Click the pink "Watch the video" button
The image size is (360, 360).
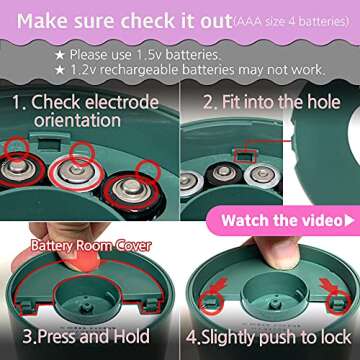283,221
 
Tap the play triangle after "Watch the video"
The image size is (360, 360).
349,221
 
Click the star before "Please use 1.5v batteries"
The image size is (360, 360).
60,55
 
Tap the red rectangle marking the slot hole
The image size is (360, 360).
245,156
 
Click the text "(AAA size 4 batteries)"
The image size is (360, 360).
291,22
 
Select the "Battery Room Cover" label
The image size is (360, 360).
91,246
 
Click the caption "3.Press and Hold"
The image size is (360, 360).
86,337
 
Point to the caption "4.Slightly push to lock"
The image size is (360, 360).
268,337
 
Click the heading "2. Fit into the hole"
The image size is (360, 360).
272,102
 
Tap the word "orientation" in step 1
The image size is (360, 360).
77,120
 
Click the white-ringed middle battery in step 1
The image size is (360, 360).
76,172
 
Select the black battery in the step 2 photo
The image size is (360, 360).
224,174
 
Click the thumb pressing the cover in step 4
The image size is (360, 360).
278,251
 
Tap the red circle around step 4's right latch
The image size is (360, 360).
338,302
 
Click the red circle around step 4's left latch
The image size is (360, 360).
211,303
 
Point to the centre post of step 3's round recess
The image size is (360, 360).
85,307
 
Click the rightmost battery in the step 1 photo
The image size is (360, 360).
132,192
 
